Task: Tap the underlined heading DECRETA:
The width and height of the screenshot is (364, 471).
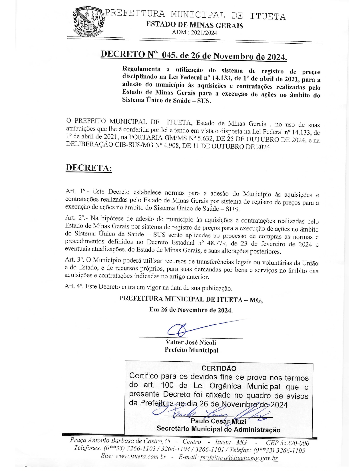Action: (x=89, y=168)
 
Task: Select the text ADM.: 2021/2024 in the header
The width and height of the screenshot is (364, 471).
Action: (x=194, y=33)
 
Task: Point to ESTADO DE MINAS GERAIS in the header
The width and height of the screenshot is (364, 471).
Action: (x=195, y=25)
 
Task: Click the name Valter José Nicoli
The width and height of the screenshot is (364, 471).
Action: (x=191, y=342)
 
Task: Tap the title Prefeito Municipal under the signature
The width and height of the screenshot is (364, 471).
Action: (x=191, y=350)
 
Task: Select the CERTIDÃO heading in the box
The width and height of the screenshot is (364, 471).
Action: (x=219, y=368)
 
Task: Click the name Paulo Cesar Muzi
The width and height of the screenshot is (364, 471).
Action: (x=218, y=421)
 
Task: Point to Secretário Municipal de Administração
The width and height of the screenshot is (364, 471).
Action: (x=218, y=429)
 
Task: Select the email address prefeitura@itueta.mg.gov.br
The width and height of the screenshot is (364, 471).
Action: (x=239, y=458)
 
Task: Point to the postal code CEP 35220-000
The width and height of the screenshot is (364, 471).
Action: (x=287, y=443)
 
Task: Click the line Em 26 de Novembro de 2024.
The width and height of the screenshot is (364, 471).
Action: (x=191, y=310)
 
